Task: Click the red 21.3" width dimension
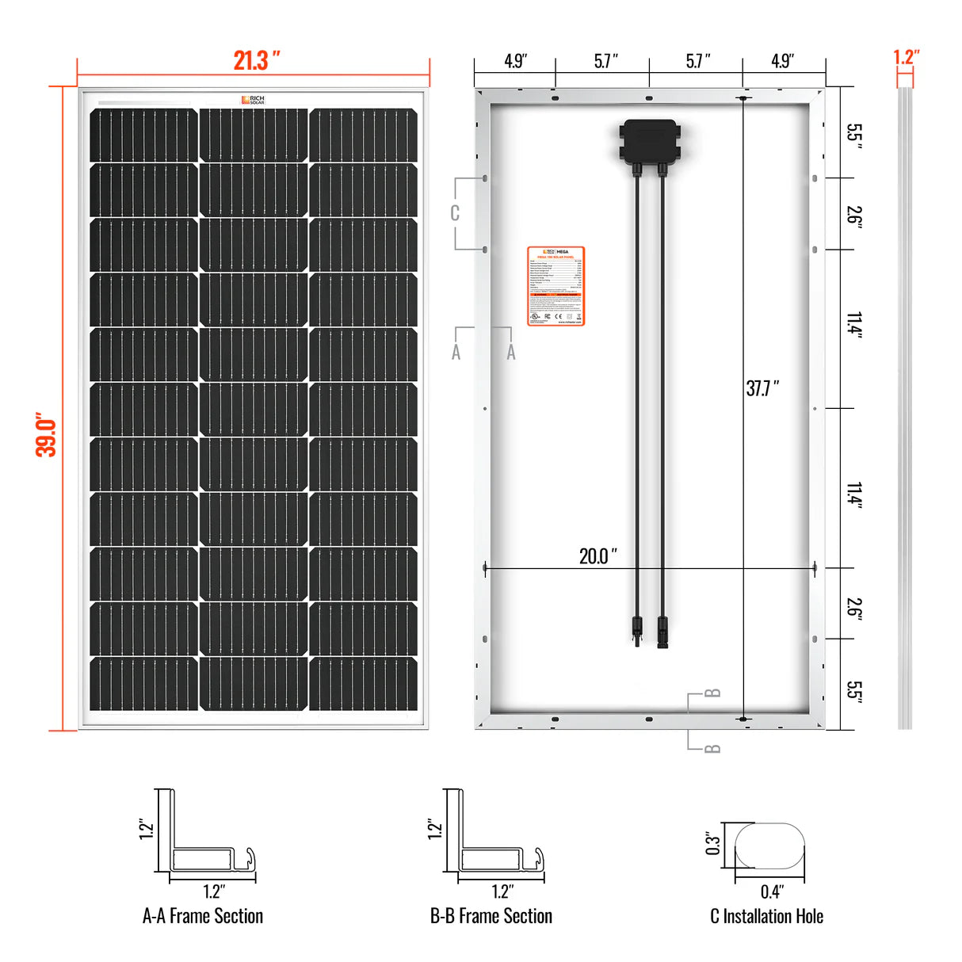coord(256,60)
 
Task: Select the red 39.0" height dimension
coord(46,434)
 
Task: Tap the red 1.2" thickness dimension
coord(906,57)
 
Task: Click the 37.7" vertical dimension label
coord(762,388)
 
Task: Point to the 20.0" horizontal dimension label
coord(597,555)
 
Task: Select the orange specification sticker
coord(555,286)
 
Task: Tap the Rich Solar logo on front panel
coord(253,100)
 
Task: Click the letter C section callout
coord(455,213)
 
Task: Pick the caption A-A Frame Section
coord(203,916)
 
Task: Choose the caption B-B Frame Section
coord(491,916)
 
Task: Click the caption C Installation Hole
coord(766,916)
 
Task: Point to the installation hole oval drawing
coord(769,846)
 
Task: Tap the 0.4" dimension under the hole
coord(771,891)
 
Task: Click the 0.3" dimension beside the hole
coord(712,844)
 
